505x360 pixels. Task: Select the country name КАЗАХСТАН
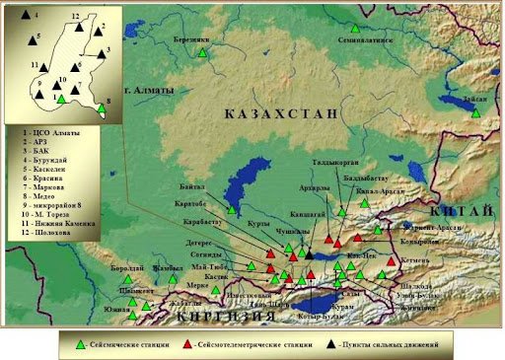point(281,114)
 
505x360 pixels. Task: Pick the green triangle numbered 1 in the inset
point(61,99)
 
